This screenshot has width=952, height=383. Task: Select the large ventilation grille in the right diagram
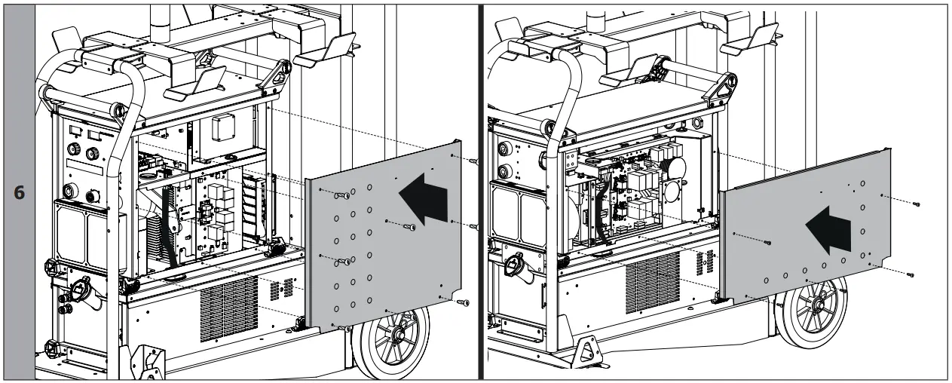(653, 283)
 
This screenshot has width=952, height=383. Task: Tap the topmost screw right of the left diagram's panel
(473, 161)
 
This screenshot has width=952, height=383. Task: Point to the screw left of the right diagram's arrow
(767, 243)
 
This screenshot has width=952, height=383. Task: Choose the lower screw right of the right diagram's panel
(911, 274)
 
